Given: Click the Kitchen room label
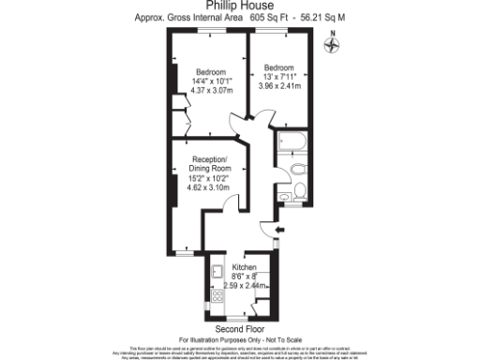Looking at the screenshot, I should (x=245, y=266).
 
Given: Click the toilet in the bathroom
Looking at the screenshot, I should (x=295, y=170).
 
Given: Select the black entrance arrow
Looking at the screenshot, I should (x=280, y=231).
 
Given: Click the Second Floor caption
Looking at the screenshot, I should (x=240, y=330).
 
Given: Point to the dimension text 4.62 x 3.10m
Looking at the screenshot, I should (x=210, y=187).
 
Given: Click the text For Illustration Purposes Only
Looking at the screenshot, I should (x=240, y=339).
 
